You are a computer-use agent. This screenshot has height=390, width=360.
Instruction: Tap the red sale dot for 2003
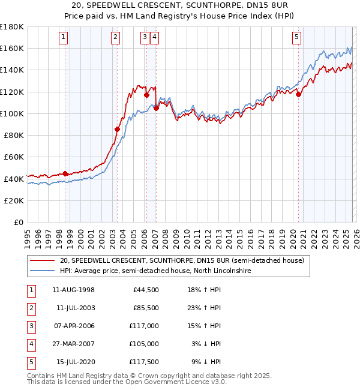(117, 129)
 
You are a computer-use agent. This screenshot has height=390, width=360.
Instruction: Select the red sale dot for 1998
(65, 174)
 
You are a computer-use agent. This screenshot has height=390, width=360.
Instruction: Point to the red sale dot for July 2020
(298, 94)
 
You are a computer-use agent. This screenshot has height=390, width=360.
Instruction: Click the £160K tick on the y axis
(12, 48)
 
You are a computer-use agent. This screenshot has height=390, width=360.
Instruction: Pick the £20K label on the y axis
(14, 200)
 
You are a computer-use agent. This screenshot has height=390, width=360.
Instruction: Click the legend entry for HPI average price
(155, 271)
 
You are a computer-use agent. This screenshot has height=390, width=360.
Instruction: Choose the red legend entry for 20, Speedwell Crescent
(182, 260)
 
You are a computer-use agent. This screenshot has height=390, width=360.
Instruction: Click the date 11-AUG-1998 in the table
(73, 290)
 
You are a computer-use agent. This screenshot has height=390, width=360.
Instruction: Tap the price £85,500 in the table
(146, 308)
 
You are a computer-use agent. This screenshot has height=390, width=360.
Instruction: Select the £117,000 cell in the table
(144, 326)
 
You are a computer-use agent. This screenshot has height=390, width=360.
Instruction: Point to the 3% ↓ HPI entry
(208, 344)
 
